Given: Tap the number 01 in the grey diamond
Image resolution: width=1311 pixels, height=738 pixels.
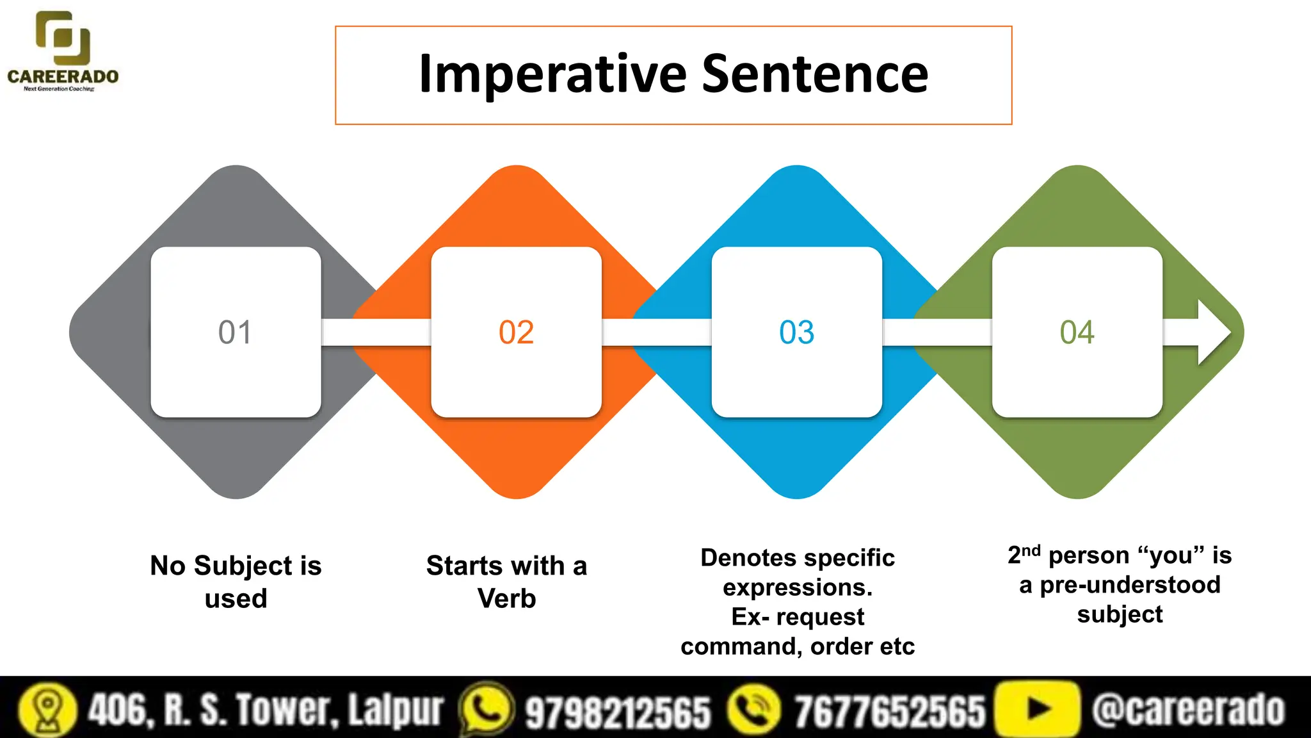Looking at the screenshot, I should point(235,332).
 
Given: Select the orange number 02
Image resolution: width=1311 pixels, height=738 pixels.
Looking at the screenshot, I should point(516,332).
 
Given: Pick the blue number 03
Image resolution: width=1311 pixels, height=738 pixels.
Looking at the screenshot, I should point(796,332).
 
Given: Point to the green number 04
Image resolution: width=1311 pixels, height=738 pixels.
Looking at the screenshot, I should point(1077,332).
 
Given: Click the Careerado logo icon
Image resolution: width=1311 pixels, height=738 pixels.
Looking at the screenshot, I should point(63,38).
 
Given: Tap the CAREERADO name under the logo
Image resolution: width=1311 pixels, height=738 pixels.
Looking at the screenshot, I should point(63,77).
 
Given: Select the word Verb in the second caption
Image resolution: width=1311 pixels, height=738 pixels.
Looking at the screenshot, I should point(506,598).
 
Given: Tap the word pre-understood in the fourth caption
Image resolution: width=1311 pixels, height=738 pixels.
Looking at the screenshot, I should point(1130,585).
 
